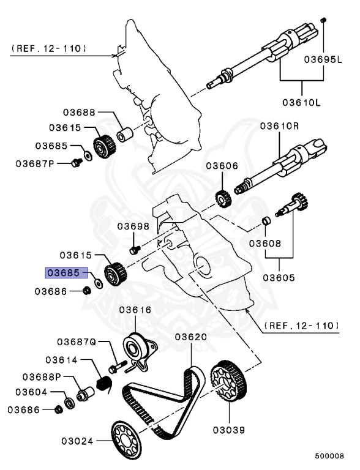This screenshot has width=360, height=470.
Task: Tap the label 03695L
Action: pos(323,59)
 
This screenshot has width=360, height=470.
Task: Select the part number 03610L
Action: pos(301,103)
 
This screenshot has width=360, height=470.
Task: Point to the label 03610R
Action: pos(280,126)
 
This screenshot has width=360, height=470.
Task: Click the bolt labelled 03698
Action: pos(135,250)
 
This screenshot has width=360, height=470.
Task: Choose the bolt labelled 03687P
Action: pos(77,162)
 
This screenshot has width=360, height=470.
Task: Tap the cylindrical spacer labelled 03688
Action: pos(124,135)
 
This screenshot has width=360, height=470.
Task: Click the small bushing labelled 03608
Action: pos(266,221)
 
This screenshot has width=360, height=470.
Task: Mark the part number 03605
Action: pos(279,278)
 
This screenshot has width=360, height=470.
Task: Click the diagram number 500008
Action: pos(329,456)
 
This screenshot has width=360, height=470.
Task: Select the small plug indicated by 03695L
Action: pos(323,20)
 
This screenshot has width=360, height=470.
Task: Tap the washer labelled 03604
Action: pos(70,403)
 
